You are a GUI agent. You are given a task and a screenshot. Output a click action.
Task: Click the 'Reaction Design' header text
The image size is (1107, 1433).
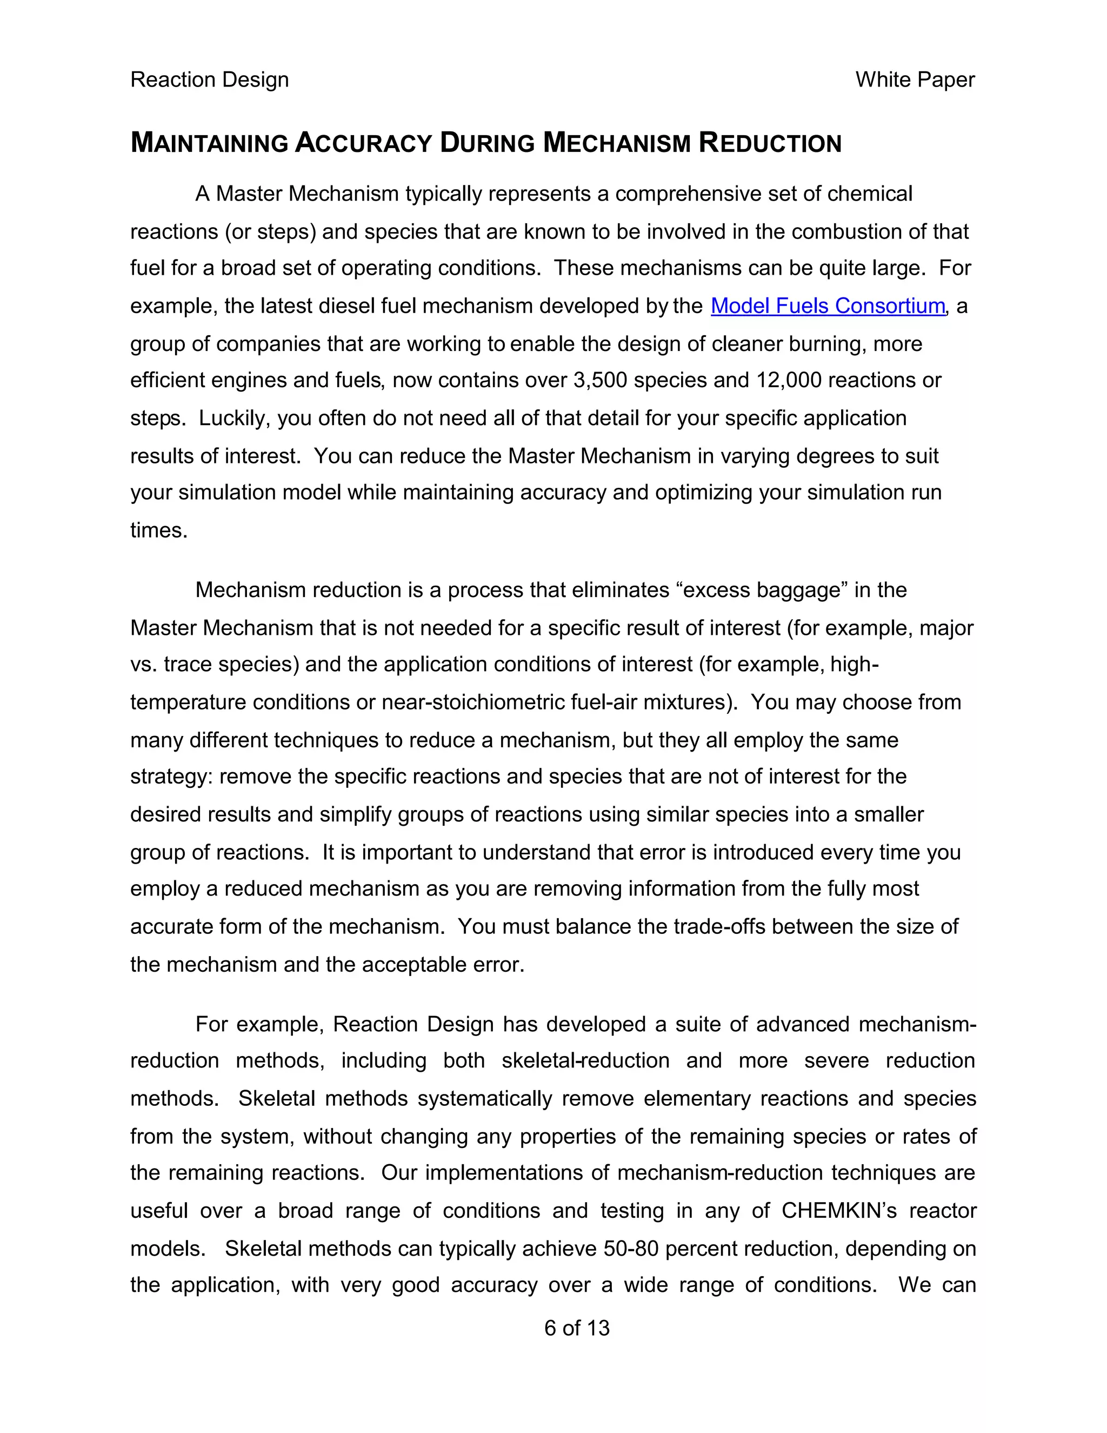[209, 80]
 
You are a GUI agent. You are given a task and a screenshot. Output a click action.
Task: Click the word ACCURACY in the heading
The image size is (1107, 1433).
[363, 143]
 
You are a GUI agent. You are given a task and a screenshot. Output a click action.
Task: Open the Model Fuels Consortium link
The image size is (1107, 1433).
[827, 306]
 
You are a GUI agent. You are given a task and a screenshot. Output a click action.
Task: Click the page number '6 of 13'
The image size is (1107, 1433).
[576, 1328]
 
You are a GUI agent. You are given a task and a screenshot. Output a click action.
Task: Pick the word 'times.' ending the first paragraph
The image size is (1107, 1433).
[159, 530]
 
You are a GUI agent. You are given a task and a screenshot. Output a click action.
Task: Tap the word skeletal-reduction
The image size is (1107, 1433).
[585, 1061]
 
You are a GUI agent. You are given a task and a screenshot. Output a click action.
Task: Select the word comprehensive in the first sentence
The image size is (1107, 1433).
[678, 194]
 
